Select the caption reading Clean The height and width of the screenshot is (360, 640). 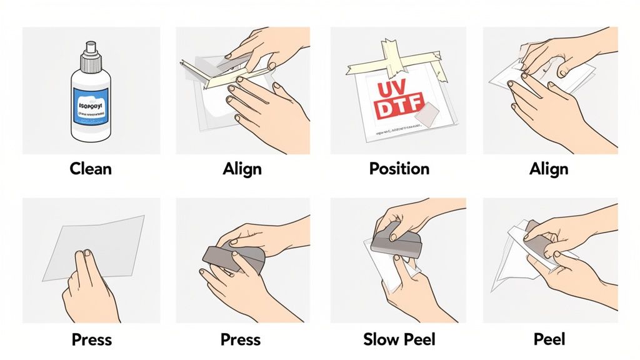click(91, 169)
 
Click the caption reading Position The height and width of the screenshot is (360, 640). click(399, 169)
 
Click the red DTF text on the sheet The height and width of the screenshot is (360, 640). click(398, 106)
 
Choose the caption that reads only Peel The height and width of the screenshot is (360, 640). click(550, 340)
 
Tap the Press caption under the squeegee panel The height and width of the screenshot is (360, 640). click(241, 340)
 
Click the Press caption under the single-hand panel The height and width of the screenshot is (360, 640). click(91, 340)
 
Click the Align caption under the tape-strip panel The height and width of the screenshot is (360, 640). click(242, 169)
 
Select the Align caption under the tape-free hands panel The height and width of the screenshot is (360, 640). click(550, 169)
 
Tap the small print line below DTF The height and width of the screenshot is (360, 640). click(400, 133)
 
